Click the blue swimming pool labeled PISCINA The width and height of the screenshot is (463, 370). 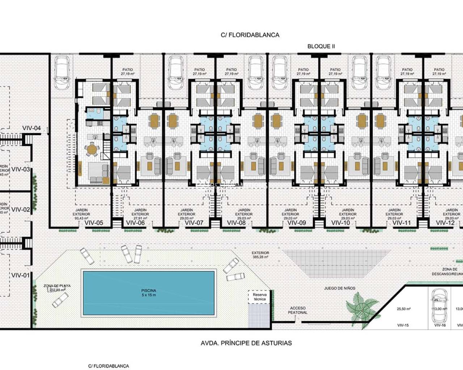149,293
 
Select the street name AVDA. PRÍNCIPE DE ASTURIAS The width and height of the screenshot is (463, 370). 246,343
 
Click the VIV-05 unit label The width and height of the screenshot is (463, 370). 94,223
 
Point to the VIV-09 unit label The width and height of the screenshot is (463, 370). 297,223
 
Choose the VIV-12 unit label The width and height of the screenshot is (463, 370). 445,223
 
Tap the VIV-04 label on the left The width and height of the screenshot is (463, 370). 31,128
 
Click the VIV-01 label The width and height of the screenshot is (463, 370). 20,275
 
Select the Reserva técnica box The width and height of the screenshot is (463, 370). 259,297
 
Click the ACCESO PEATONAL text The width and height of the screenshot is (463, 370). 298,310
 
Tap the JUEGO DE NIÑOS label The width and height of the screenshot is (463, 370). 339,288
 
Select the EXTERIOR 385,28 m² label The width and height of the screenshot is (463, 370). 260,255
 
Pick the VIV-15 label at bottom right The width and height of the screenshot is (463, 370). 403,325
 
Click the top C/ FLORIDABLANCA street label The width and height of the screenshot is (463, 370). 250,35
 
